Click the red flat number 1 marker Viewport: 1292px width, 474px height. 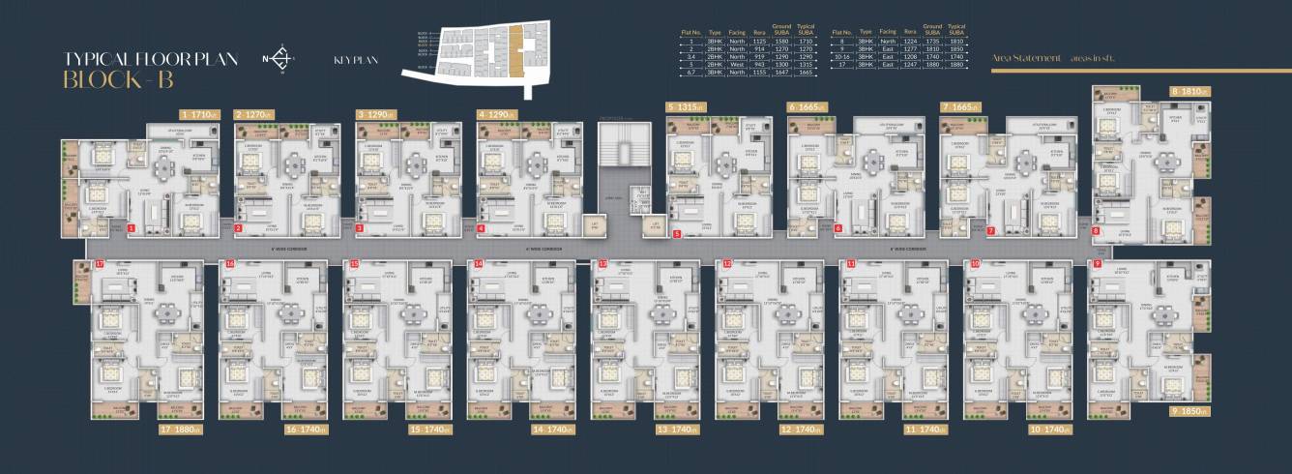(x=132, y=229)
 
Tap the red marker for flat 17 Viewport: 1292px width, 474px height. (x=100, y=263)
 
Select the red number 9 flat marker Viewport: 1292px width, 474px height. (x=1098, y=263)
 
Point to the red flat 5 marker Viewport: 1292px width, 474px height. (x=677, y=233)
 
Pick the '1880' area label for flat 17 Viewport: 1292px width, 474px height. (x=184, y=430)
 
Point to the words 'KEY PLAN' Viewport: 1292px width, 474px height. (x=355, y=61)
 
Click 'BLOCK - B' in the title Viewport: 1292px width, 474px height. (x=118, y=79)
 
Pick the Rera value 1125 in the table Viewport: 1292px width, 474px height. (x=759, y=43)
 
